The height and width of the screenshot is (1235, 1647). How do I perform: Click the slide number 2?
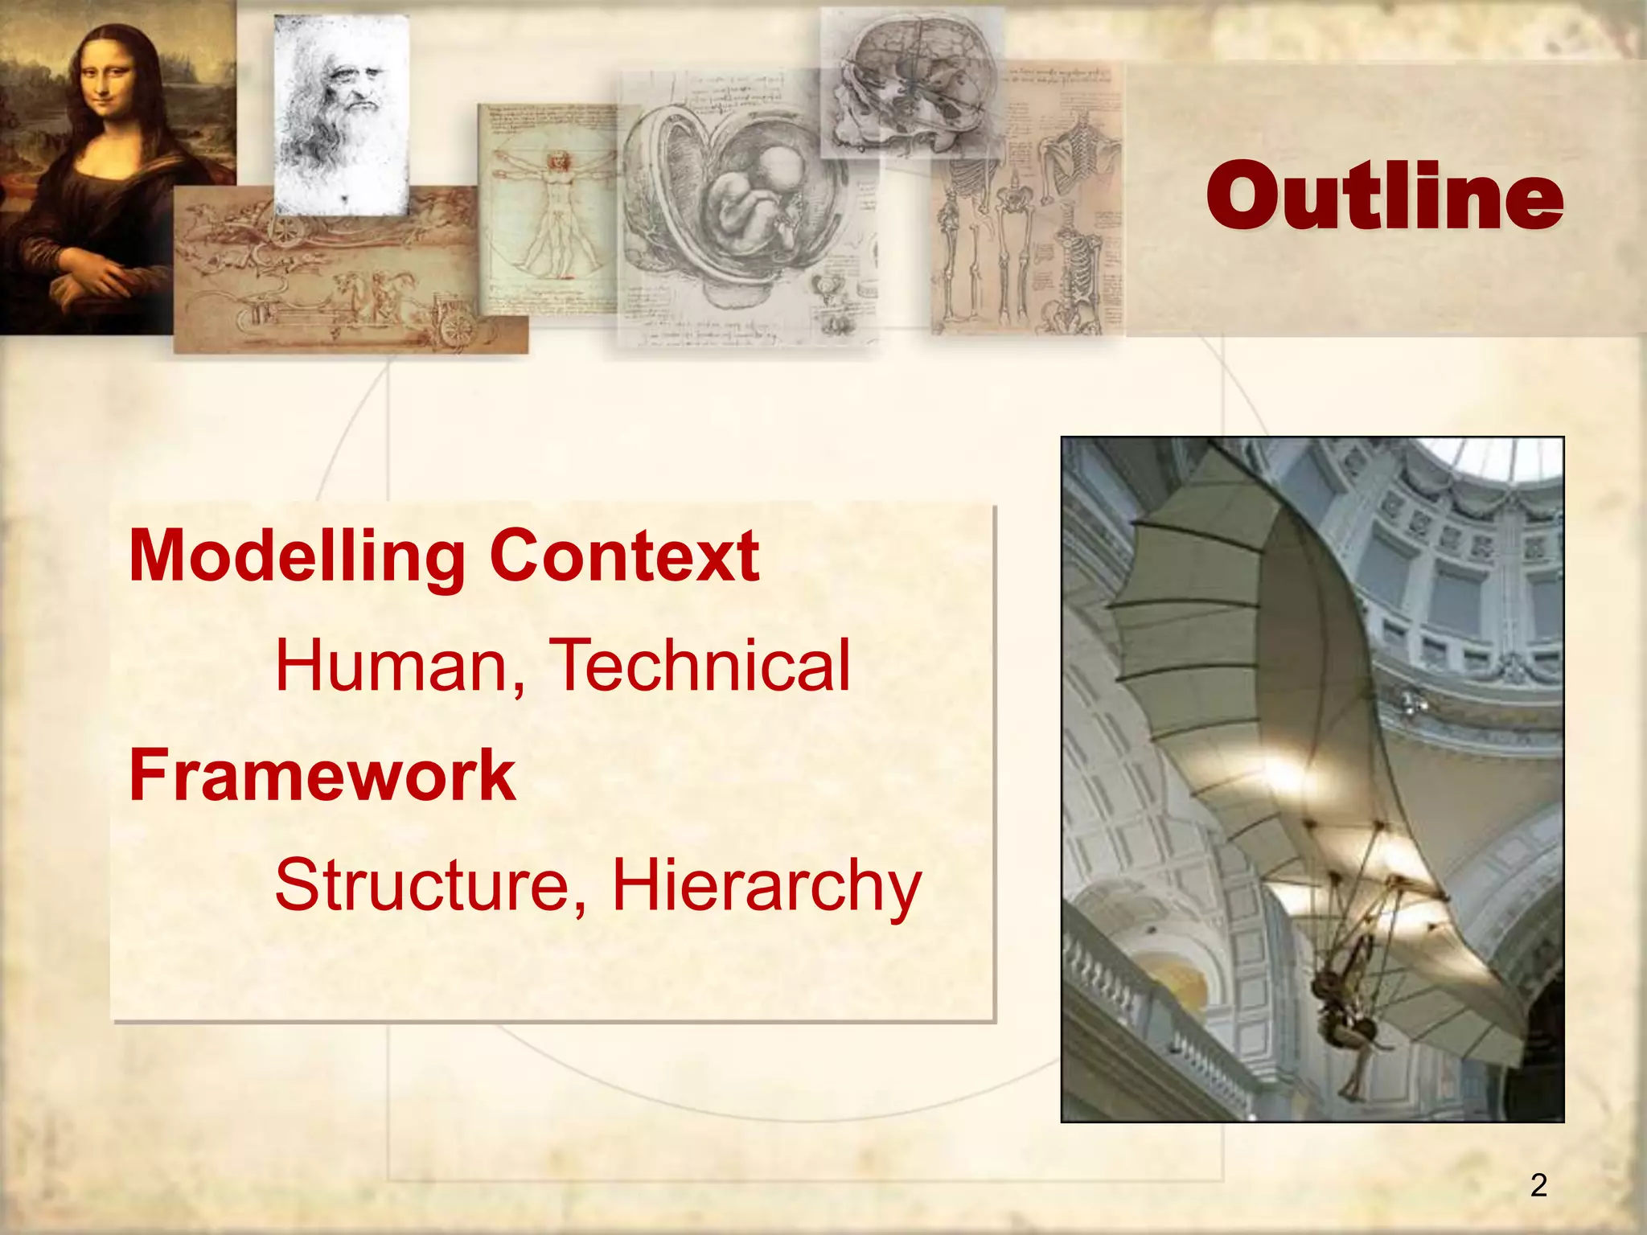click(x=1538, y=1185)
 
